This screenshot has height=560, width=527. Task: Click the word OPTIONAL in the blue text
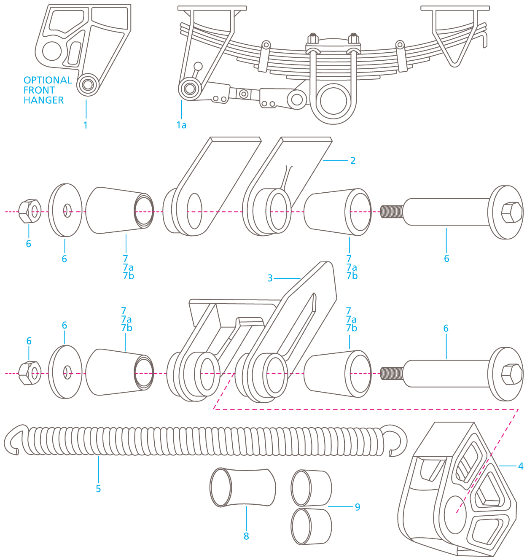[48, 80]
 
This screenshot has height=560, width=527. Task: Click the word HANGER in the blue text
[43, 100]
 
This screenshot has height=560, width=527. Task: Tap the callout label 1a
[181, 125]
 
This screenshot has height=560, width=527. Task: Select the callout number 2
[353, 161]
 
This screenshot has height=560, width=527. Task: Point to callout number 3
[270, 278]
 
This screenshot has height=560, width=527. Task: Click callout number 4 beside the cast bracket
[521, 466]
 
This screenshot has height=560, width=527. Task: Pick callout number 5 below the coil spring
[98, 489]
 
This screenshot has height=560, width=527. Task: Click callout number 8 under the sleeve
[246, 536]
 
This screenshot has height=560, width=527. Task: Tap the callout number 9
[358, 507]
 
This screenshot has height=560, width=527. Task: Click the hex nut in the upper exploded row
[30, 211]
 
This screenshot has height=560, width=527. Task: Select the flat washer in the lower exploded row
[65, 372]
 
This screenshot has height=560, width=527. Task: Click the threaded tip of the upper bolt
[391, 211]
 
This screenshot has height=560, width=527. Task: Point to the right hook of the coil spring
[398, 441]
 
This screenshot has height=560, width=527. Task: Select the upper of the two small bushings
[311, 488]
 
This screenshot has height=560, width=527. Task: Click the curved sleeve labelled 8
[243, 487]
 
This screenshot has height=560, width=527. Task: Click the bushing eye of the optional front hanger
[88, 84]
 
